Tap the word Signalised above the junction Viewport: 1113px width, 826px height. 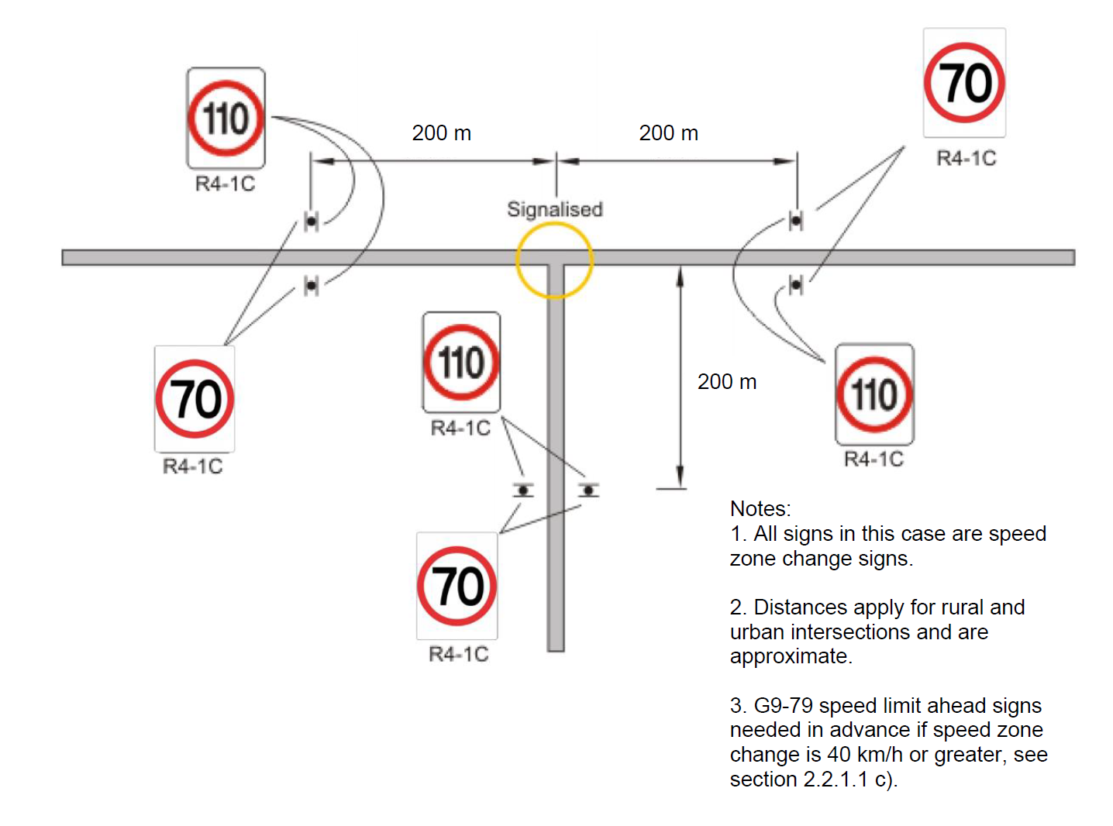click(x=554, y=209)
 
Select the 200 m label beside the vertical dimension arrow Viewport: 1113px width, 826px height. click(x=726, y=382)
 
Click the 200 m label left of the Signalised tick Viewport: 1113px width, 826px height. click(x=441, y=133)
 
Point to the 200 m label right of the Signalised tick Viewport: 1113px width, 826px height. click(x=668, y=133)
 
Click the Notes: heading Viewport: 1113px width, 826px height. click(x=760, y=509)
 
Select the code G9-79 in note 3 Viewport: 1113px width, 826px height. click(x=783, y=706)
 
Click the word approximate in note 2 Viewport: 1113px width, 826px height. click(x=789, y=656)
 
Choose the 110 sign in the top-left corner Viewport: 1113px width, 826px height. click(x=226, y=119)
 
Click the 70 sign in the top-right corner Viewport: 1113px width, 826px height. click(x=964, y=83)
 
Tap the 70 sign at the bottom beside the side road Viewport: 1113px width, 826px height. click(x=457, y=586)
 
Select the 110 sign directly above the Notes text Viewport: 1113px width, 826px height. click(x=874, y=394)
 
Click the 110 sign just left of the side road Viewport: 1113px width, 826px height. click(x=461, y=363)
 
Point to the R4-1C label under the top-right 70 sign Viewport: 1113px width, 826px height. click(x=966, y=159)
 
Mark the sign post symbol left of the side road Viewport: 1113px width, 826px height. click(x=524, y=490)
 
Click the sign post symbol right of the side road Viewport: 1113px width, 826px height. click(x=589, y=490)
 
